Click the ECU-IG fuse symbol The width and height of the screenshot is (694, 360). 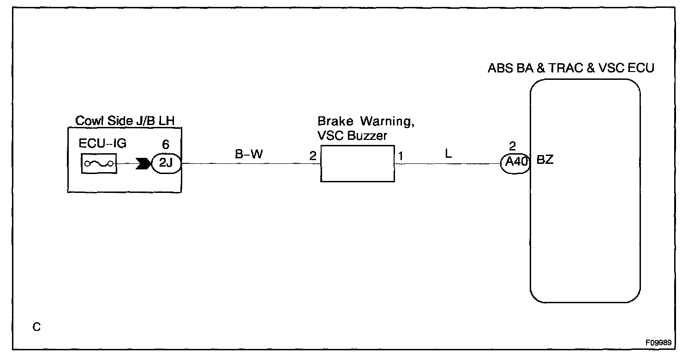point(99,164)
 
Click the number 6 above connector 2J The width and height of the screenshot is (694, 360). point(166,145)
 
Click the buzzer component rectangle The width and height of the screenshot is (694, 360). point(358,163)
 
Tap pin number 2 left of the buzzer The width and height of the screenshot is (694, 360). point(313,156)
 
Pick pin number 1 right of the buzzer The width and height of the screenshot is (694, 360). point(401,156)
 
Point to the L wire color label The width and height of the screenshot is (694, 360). point(448,154)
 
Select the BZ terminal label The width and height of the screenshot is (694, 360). point(544,162)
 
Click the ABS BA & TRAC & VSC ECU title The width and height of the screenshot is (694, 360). point(571,69)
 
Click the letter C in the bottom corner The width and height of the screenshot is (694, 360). point(37,327)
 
